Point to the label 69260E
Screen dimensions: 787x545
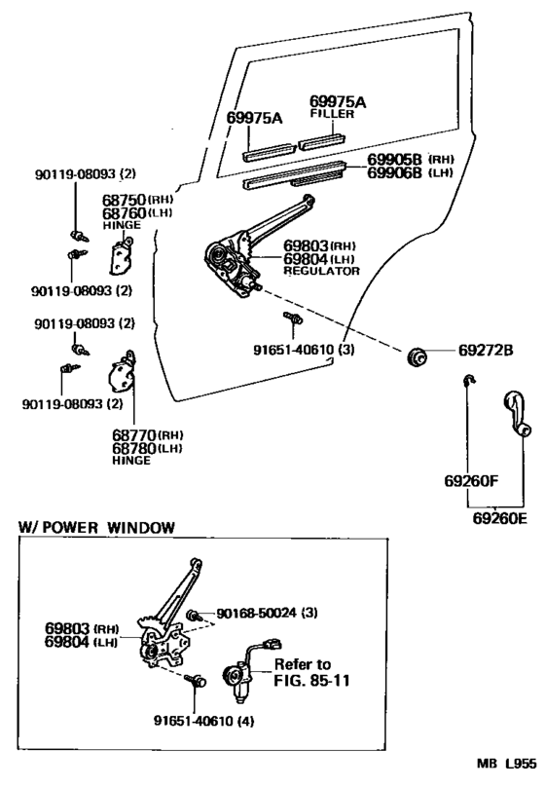point(500,517)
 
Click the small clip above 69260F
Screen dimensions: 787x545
point(468,381)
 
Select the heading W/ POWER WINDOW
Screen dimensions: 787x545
point(96,527)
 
